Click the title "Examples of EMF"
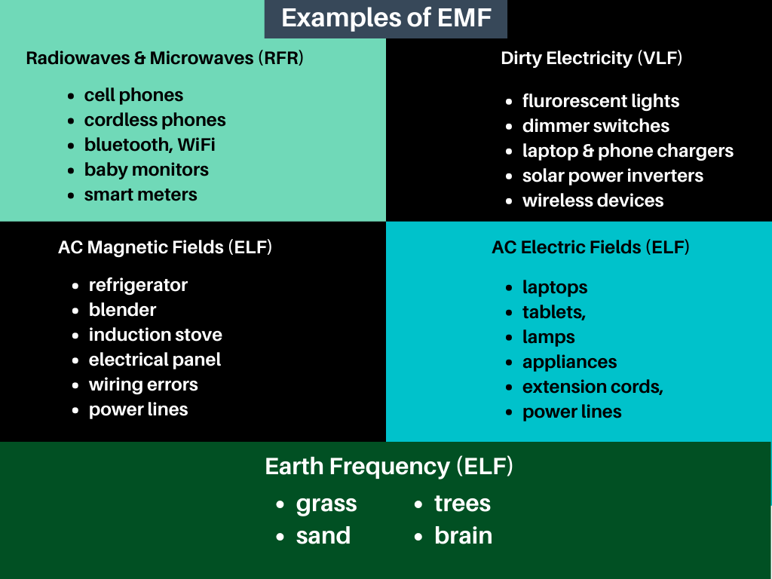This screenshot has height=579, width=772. pos(385,18)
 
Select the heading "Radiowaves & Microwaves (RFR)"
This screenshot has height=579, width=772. pos(164,58)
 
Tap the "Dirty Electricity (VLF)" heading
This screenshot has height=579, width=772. pos(591,58)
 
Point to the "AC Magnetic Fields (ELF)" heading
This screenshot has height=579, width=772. pos(165,247)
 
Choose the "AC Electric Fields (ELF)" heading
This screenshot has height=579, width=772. pos(590,247)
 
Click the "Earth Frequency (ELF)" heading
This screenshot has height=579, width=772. pos(389,467)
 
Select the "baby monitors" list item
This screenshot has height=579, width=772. pos(146,170)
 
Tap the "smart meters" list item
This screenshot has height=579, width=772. pos(140,195)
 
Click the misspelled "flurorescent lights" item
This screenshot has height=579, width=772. pos(600,101)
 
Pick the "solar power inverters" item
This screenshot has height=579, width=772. pos(612,176)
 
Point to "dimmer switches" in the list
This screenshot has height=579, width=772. pos(596,126)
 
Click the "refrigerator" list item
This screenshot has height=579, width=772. pos(138,285)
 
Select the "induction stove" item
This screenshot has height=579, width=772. pos(155,335)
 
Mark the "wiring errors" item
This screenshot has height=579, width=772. pos(143,384)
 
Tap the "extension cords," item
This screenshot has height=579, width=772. pos(593,387)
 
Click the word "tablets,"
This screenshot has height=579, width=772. pos(553,312)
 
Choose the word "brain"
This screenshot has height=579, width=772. pos(463,536)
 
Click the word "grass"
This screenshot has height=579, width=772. pos(326,504)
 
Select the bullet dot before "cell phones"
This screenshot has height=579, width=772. pos(71,96)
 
